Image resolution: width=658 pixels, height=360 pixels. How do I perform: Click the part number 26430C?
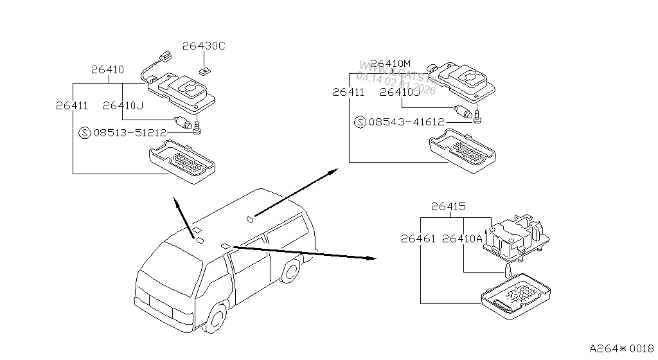click(x=203, y=46)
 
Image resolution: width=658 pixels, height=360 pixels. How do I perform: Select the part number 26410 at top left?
click(x=107, y=69)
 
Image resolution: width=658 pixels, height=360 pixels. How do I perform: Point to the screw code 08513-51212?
click(x=130, y=133)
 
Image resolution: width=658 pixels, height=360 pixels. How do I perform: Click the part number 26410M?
click(x=393, y=63)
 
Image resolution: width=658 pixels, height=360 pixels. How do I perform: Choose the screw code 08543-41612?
click(x=407, y=122)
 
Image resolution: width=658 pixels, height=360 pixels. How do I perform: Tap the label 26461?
click(x=418, y=239)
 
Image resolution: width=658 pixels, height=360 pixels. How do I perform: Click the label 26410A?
click(x=462, y=239)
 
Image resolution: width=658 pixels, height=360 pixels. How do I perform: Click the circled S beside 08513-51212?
click(x=84, y=133)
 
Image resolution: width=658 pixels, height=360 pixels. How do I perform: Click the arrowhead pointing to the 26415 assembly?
click(x=371, y=258)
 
